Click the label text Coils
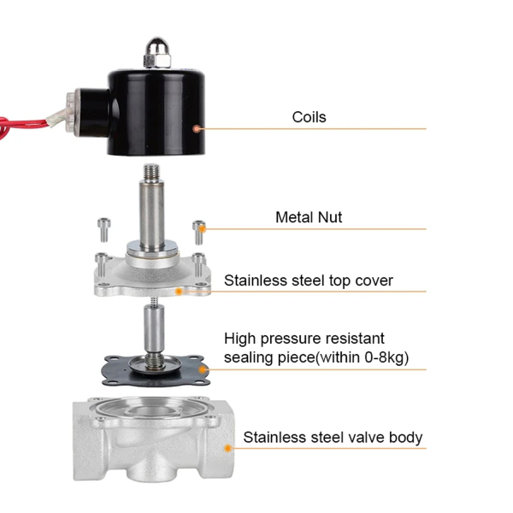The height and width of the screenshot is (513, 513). (309, 117)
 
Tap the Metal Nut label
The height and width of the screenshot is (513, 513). (309, 217)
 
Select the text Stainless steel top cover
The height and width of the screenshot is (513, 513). (308, 280)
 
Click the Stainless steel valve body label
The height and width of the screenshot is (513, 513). (333, 438)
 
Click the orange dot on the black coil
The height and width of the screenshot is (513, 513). (197, 128)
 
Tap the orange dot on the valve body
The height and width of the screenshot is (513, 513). (228, 448)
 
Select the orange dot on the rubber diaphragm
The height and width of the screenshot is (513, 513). (203, 369)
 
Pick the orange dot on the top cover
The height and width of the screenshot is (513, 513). (179, 292)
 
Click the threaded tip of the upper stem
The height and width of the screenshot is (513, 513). (151, 173)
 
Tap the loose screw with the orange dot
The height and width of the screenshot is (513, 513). (199, 233)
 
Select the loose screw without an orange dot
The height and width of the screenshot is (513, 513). (104, 230)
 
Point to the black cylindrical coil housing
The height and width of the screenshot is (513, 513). (156, 112)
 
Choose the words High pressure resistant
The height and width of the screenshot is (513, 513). (304, 339)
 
